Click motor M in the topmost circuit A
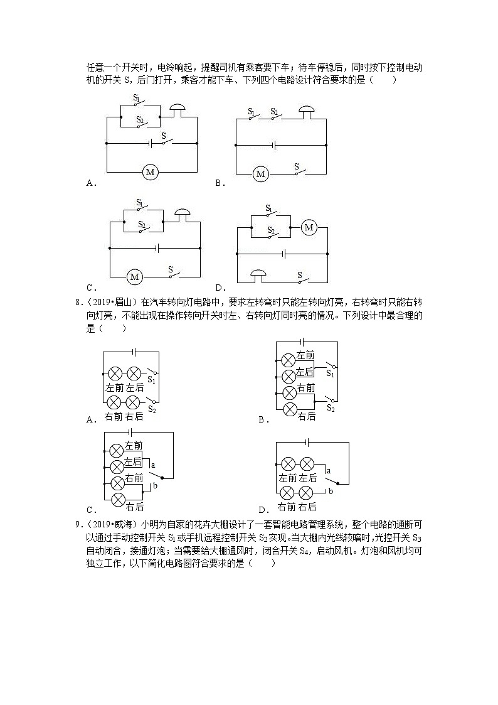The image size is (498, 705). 149,171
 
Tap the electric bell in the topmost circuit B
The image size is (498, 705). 306,112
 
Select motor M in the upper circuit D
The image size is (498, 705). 308,228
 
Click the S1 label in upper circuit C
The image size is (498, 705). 140,203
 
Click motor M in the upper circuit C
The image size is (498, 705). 134,276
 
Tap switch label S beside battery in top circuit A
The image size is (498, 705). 164,135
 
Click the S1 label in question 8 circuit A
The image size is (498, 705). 151,379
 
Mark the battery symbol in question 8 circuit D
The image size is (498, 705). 307,443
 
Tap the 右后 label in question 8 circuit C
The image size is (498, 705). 135,507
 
